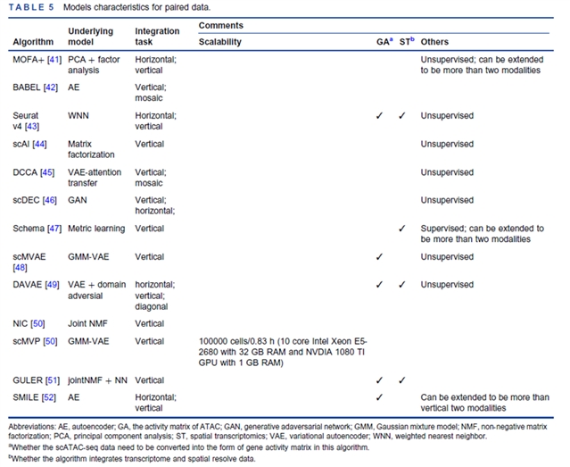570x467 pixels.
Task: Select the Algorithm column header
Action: (x=33, y=42)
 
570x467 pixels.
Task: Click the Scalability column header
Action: (x=225, y=42)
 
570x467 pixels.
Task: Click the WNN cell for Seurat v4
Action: (x=80, y=116)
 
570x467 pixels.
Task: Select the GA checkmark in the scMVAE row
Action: (x=380, y=256)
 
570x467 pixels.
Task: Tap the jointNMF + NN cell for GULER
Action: (x=100, y=380)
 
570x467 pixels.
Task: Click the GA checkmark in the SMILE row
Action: (x=380, y=396)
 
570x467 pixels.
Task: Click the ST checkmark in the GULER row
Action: (x=403, y=380)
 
